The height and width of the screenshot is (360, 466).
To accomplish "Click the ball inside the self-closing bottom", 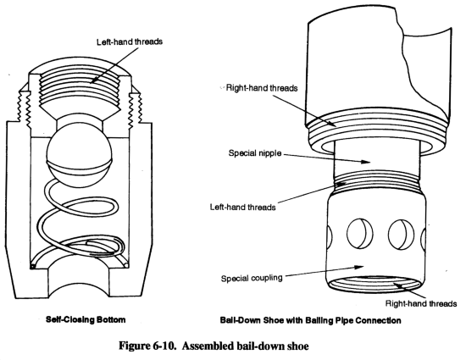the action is coord(80,157).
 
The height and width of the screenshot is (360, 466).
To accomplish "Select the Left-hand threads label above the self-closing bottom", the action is coord(130,42).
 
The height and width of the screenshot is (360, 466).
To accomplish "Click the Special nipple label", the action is coord(255,153).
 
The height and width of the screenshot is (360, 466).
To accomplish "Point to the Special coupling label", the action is coord(252,279).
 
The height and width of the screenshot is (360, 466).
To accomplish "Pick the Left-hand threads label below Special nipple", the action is coord(243,207).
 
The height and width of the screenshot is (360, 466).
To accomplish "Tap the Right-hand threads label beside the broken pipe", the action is coord(262,88).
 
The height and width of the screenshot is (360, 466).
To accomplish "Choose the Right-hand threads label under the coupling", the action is coord(421,303).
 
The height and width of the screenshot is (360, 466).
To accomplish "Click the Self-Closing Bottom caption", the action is coord(86,320).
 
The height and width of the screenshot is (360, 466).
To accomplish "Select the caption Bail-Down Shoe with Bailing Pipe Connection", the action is coord(311,320).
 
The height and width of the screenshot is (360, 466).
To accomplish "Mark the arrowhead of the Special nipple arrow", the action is coord(366,162).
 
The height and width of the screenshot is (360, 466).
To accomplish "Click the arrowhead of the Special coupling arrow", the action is coord(359,267).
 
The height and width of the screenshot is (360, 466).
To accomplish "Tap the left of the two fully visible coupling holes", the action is coord(360,234).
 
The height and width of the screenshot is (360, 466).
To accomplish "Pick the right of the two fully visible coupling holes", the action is coord(402,235).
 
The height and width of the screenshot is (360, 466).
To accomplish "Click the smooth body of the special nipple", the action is coord(377,157).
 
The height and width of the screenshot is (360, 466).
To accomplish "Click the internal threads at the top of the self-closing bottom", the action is coord(80,87).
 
